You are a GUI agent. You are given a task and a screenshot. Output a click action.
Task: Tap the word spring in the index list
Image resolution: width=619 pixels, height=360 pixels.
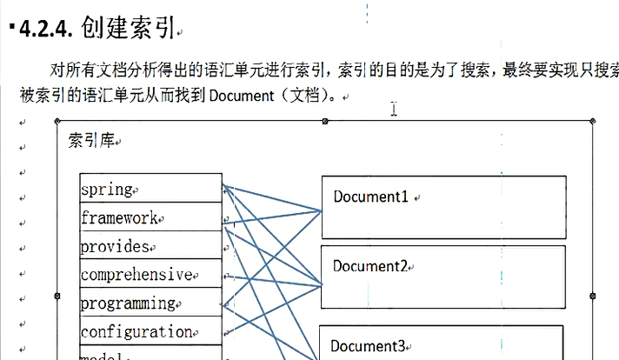coord(106,189)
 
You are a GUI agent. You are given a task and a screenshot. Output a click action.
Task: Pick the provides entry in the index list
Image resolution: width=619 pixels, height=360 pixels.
coord(115,246)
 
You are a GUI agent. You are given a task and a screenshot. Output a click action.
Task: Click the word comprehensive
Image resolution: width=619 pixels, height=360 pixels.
coord(136,275)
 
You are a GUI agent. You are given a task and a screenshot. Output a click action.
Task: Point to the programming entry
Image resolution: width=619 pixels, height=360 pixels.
coord(128,303)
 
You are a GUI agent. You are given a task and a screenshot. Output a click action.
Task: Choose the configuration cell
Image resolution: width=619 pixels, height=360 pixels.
coord(136,331)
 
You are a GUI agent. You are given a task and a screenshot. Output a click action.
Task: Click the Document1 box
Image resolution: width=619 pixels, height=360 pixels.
coord(443,207)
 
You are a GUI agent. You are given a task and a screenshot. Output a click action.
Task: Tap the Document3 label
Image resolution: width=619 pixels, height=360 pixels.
coord(368,346)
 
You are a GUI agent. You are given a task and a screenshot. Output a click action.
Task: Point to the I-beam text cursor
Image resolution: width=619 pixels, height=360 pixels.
coord(394,109)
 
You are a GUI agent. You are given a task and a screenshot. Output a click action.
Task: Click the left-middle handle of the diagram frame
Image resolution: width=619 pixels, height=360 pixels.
coord(57,296)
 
